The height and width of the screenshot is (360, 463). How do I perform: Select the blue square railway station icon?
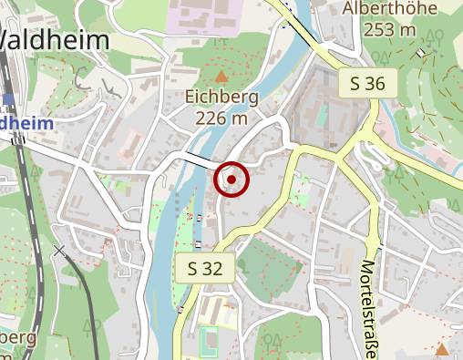point(8,99)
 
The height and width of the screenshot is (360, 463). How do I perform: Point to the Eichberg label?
point(221,97)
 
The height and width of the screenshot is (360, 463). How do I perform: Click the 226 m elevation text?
point(221,118)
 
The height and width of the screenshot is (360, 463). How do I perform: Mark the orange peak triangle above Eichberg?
point(221,76)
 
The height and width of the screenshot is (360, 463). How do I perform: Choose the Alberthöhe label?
point(380,9)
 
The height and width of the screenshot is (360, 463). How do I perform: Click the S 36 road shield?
point(368,85)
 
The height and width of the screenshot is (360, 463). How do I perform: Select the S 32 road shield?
point(205,269)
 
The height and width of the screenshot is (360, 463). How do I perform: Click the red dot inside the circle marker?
point(231,180)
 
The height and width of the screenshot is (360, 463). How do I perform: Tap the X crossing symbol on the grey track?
point(60,249)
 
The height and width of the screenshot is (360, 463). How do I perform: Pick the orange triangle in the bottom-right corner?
point(442,349)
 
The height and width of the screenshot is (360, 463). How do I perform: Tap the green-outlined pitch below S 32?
point(210,342)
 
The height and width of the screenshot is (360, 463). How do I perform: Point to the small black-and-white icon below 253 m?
point(420,52)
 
